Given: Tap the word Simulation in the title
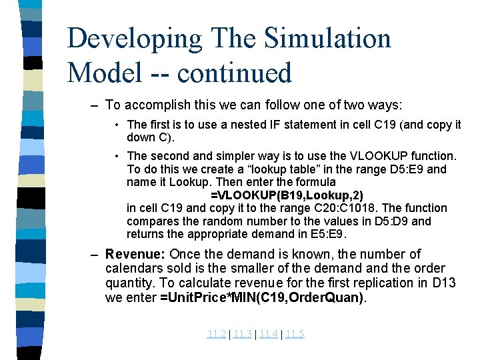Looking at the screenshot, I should coord(327,39).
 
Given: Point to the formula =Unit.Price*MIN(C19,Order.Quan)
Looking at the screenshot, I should coord(262,297).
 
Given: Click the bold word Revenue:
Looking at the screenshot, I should coord(135,254).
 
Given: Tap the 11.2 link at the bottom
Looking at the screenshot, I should coord(216,334).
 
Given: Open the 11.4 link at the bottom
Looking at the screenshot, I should coord(268,334).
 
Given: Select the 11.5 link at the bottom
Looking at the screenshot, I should coord(294,334).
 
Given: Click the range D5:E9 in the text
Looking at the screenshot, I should coord(401,169).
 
